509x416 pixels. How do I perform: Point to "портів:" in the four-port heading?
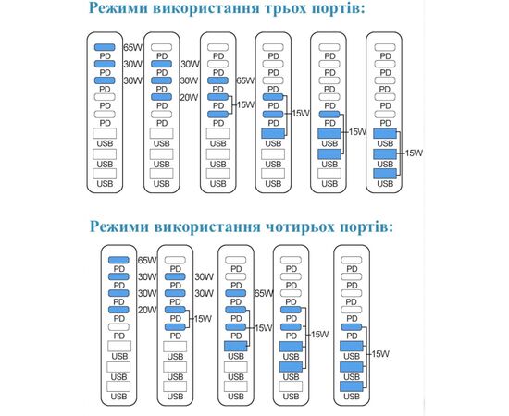(x=366, y=226)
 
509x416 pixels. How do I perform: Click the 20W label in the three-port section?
(x=189, y=97)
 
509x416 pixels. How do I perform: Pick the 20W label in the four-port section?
(x=147, y=310)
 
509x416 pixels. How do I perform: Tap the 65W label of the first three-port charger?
(x=132, y=48)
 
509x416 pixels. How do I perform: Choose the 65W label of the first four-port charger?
(x=147, y=260)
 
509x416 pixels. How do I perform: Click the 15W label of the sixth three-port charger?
(x=415, y=153)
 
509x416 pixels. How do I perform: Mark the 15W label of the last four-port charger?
(x=380, y=354)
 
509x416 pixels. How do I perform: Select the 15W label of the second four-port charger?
(x=203, y=319)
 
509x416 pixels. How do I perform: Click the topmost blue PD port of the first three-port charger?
(x=105, y=47)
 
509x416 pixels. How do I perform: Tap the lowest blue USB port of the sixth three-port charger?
(x=385, y=174)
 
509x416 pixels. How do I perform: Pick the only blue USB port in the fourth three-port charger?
(x=273, y=133)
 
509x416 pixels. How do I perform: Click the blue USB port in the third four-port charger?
(x=236, y=346)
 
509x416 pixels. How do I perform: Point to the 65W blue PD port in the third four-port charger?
(x=236, y=293)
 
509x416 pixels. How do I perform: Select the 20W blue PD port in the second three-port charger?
(x=161, y=97)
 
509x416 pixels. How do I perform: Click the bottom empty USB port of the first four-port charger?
(x=118, y=386)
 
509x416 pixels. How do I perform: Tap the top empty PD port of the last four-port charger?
(x=352, y=260)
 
